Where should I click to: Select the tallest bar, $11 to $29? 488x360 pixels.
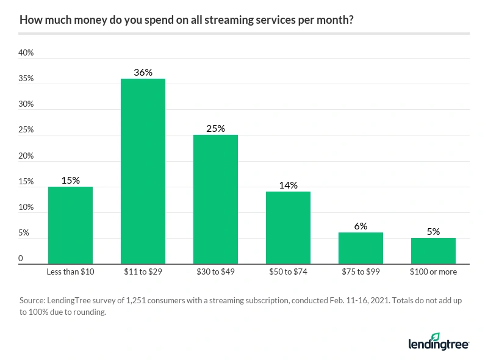coord(143,171)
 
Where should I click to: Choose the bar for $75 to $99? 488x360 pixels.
coord(361,248)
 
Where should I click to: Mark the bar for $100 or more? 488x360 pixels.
coord(433,250)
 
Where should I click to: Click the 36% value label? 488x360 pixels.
coord(143,72)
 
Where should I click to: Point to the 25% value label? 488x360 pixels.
coord(215,128)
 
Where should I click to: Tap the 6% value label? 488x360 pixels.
coord(361,226)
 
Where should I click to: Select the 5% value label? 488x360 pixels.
coord(433,231)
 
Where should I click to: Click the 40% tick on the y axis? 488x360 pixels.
coord(26,53)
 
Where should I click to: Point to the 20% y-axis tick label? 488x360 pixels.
coord(26,156)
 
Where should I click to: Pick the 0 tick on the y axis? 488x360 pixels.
coord(21,259)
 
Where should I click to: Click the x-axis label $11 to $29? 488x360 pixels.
coord(143,272)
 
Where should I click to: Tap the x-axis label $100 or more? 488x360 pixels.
coord(433,272)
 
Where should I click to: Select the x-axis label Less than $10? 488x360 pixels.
coord(70,272)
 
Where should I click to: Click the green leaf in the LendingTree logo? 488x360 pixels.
coord(435,337)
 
